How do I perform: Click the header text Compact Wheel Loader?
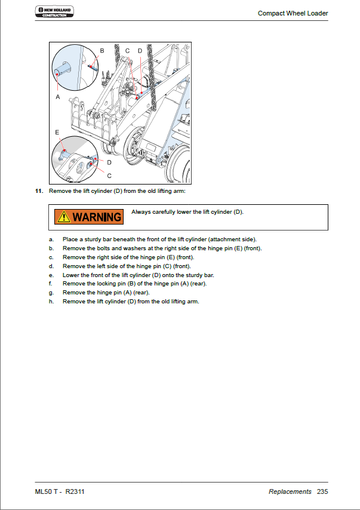[x=293, y=13]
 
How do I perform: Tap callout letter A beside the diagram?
[x=58, y=96]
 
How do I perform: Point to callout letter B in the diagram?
[x=101, y=51]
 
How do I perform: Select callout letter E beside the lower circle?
[x=57, y=131]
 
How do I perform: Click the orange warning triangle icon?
[x=63, y=216]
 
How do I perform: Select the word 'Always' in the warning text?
[x=141, y=212]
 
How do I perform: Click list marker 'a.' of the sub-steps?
[x=51, y=239]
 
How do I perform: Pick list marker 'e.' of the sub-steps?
[x=51, y=275]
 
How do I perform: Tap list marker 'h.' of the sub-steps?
[x=51, y=302]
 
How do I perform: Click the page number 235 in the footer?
[x=322, y=491]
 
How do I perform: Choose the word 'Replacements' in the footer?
[x=290, y=491]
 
